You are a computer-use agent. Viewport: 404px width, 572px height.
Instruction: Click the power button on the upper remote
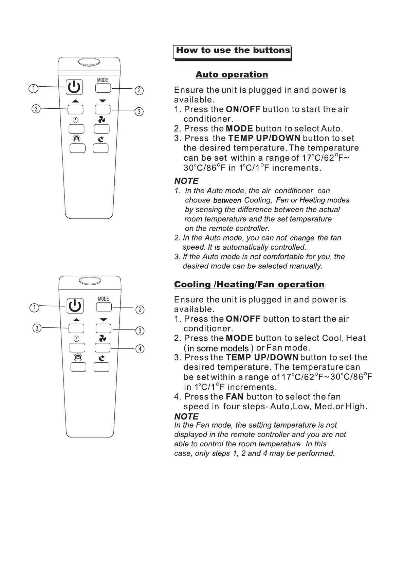pyautogui.click(x=74, y=87)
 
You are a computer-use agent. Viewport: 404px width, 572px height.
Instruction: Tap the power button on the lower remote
pyautogui.click(x=75, y=306)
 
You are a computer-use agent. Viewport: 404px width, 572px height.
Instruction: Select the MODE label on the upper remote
pyautogui.click(x=103, y=80)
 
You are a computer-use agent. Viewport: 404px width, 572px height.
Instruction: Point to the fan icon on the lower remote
pyautogui.click(x=103, y=339)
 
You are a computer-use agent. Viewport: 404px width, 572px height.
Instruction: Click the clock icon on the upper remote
pyautogui.click(x=75, y=120)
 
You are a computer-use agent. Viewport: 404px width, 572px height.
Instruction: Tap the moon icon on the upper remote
pyautogui.click(x=101, y=139)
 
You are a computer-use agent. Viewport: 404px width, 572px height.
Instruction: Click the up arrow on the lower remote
pyautogui.click(x=76, y=320)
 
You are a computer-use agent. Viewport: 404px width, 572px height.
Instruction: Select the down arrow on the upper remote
pyautogui.click(x=103, y=101)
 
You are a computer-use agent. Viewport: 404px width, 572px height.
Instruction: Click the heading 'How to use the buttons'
pyautogui.click(x=233, y=51)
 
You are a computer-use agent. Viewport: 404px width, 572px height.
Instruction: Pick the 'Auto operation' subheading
pyautogui.click(x=232, y=75)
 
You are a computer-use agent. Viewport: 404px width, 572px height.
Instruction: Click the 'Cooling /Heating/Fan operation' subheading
pyautogui.click(x=249, y=285)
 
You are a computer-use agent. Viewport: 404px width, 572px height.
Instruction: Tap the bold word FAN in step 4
pyautogui.click(x=235, y=397)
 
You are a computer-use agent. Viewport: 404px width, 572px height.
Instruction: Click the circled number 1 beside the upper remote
pyautogui.click(x=33, y=88)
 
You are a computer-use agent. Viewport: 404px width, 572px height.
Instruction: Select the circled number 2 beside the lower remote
pyautogui.click(x=140, y=310)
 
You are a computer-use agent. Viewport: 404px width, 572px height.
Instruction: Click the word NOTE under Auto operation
pyautogui.click(x=186, y=181)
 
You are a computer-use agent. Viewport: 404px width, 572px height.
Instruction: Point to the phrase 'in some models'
pyautogui.click(x=218, y=348)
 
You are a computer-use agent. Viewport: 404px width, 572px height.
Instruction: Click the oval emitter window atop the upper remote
pyautogui.click(x=89, y=62)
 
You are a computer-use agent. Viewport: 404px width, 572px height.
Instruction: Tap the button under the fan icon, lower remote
pyautogui.click(x=103, y=348)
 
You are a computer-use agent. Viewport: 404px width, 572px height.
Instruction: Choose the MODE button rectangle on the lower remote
pyautogui.click(x=104, y=307)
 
